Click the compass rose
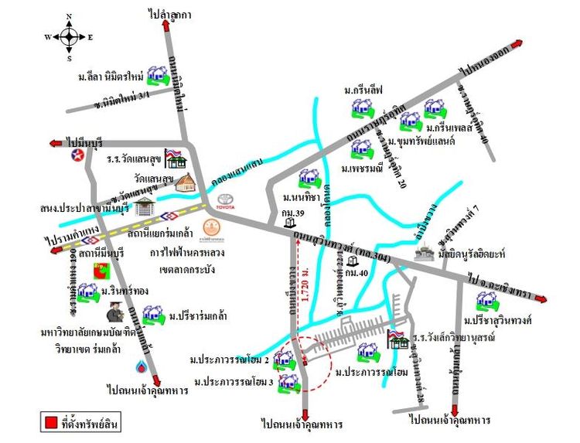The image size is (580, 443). coord(69,36)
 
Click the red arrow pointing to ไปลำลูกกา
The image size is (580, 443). coord(167,25)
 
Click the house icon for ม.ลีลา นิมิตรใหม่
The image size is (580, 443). coord(159,75)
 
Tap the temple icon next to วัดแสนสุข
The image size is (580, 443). coord(186,183)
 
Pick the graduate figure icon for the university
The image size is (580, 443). coord(114,315)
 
